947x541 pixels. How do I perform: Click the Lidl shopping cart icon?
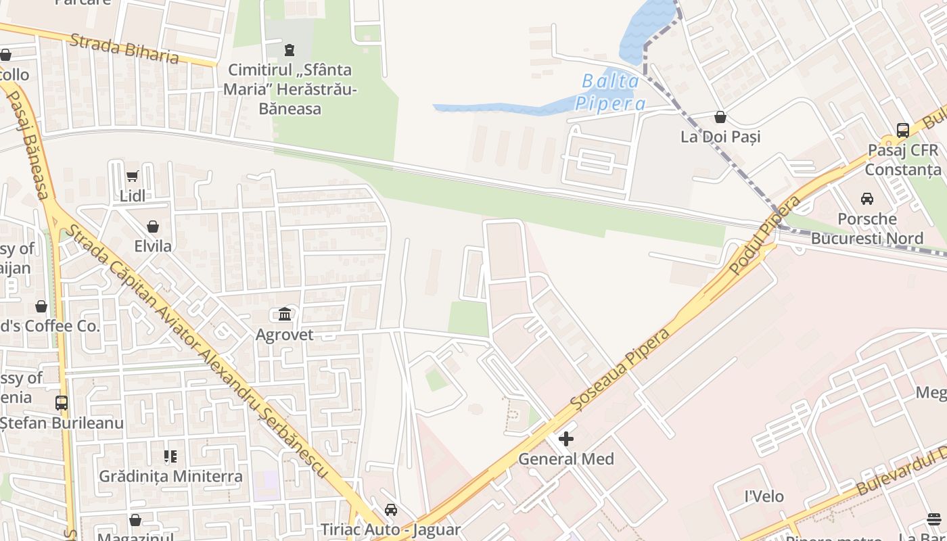point(132,177)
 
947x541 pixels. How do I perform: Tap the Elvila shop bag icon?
point(153,227)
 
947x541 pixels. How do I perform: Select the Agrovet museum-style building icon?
point(285,314)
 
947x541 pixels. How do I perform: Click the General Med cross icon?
point(566,439)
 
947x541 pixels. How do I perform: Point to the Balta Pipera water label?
point(610,92)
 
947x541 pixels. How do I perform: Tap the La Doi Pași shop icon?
point(720,117)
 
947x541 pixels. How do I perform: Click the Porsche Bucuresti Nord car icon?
point(867,199)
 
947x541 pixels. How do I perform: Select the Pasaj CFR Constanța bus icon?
point(902,130)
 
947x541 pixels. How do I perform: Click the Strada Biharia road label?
point(124,49)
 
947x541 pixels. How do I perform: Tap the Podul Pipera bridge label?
point(765,235)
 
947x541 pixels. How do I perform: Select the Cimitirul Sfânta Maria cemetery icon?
point(290,49)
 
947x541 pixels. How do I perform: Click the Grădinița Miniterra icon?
point(170,456)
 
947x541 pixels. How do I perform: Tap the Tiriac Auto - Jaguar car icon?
point(390,510)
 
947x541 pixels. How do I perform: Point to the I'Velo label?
point(764,496)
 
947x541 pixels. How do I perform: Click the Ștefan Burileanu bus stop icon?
point(62,403)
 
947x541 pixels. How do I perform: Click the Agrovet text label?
point(284,335)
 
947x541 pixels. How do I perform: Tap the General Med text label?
point(566,459)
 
